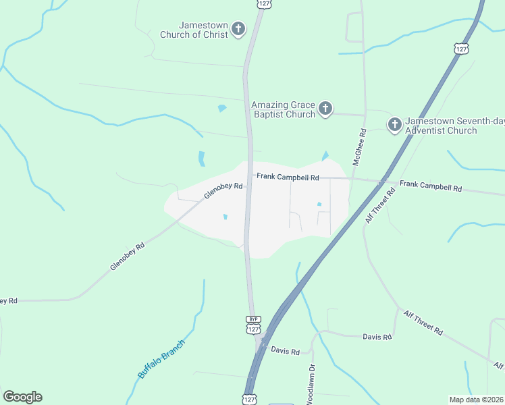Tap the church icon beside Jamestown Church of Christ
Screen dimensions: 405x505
click(238, 29)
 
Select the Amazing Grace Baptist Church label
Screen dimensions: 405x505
click(283, 109)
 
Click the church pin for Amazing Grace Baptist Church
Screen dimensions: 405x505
click(325, 109)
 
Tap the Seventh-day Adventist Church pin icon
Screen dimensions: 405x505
click(395, 124)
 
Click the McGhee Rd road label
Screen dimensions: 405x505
click(359, 147)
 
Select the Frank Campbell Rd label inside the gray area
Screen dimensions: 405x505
click(287, 178)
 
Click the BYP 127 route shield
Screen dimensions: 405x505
click(253, 325)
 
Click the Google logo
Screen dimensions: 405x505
click(22, 397)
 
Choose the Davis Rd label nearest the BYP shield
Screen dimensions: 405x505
click(285, 351)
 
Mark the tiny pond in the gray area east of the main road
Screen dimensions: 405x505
click(319, 204)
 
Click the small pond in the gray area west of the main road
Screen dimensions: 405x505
click(225, 217)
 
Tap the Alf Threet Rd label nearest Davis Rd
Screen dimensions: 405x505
click(423, 323)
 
